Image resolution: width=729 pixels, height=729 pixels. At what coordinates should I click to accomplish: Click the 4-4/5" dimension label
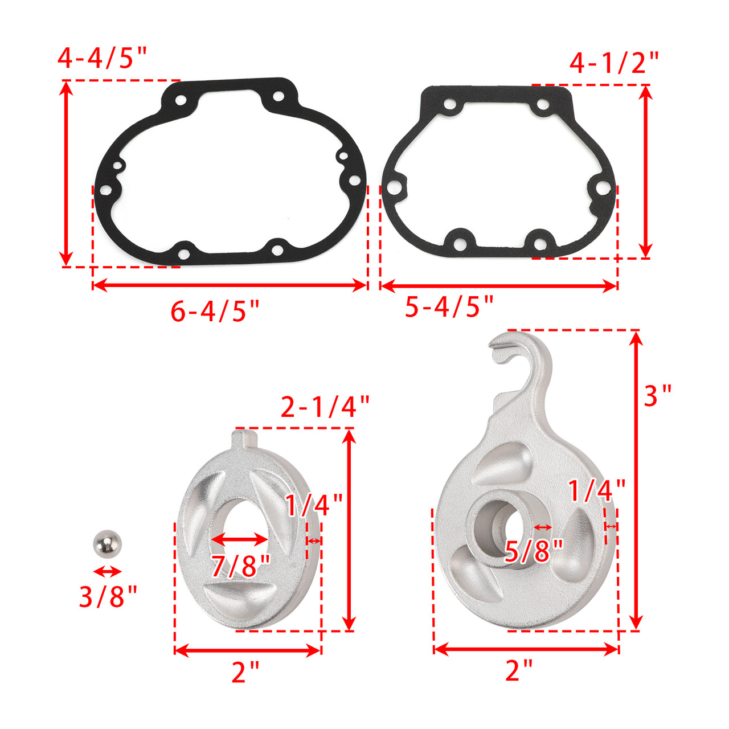[103, 58]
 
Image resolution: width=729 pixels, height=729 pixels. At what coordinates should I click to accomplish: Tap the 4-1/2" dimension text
[614, 63]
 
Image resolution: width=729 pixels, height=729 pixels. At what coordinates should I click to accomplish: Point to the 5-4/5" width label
[449, 307]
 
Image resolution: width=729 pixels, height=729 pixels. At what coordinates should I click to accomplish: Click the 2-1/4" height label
[325, 407]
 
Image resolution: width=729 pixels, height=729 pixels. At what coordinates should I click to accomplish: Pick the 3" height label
[658, 396]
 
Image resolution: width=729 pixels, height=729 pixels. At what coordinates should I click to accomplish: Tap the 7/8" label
[240, 566]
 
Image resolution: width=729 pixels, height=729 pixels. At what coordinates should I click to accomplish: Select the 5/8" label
[534, 551]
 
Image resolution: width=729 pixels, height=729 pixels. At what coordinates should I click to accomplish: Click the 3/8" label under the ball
[108, 597]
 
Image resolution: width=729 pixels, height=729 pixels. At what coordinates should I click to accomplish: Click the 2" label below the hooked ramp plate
[519, 670]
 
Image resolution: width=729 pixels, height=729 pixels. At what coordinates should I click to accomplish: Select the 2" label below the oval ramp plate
[245, 673]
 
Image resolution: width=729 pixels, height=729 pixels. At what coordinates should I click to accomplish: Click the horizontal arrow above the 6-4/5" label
[230, 285]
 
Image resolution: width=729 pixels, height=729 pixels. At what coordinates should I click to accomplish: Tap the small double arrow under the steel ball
[108, 571]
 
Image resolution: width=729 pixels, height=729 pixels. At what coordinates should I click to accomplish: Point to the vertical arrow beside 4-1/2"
[645, 171]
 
